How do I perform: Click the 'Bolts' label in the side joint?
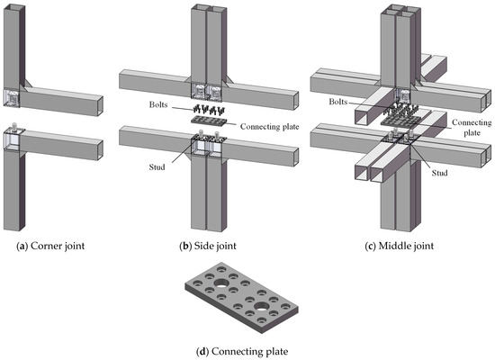[159, 105]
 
